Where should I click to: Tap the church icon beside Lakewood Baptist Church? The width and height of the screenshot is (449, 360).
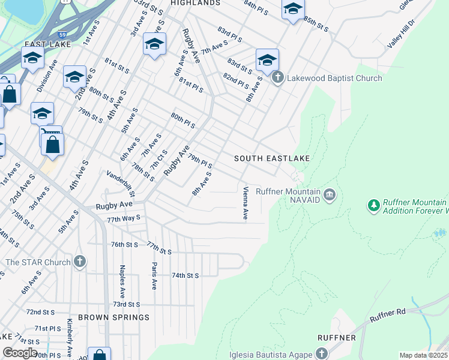[277, 78]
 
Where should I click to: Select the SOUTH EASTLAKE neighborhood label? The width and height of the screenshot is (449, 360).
[272, 158]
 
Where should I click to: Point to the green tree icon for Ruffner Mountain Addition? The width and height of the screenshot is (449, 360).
[374, 206]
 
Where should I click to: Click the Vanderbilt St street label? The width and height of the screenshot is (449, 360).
[121, 183]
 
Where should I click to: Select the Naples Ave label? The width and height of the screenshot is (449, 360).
[122, 278]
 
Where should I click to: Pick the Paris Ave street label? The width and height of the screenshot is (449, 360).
[154, 275]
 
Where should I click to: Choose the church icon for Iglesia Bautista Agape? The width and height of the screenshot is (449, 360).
[322, 353]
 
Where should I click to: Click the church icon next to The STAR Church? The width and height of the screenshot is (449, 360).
[80, 262]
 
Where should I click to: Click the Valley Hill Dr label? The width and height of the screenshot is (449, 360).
[401, 34]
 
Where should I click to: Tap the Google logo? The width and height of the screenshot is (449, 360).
[19, 353]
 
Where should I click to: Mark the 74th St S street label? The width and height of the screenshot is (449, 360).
[185, 275]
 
